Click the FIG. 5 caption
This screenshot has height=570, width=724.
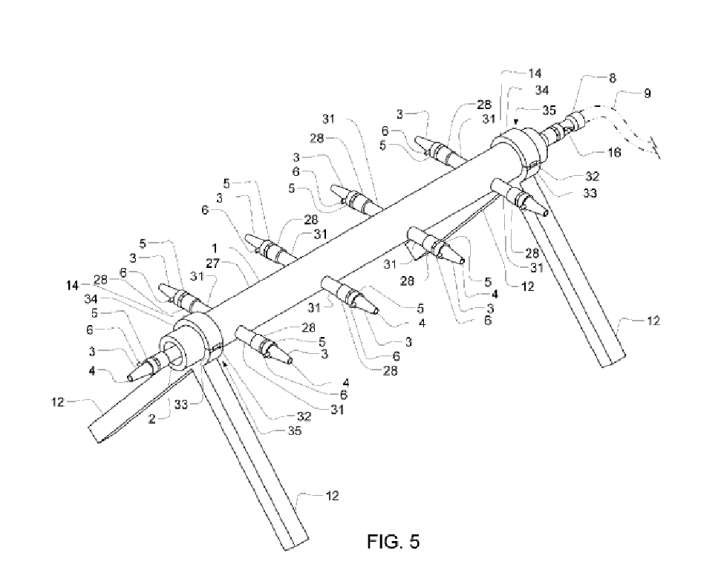tap(394, 541)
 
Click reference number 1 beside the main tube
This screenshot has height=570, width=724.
tap(215, 249)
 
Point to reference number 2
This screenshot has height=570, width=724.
tap(152, 419)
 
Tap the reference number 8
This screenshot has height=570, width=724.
tap(613, 78)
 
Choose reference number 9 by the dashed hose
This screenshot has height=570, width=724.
tap(648, 94)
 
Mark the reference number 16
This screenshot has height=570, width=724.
tap(614, 152)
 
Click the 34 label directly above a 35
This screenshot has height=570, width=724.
tap(541, 90)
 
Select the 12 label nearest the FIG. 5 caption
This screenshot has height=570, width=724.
tap(333, 496)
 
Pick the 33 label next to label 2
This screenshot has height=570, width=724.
tap(181, 404)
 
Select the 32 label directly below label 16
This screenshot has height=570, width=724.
tap(592, 177)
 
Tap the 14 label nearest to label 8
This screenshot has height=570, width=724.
tap(535, 73)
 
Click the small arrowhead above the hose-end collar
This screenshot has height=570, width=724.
tap(516, 122)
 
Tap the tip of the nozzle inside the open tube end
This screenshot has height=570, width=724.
tap(131, 379)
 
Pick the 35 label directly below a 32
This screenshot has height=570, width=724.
tap(294, 430)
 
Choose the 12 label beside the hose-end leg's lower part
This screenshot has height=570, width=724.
tap(653, 321)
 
